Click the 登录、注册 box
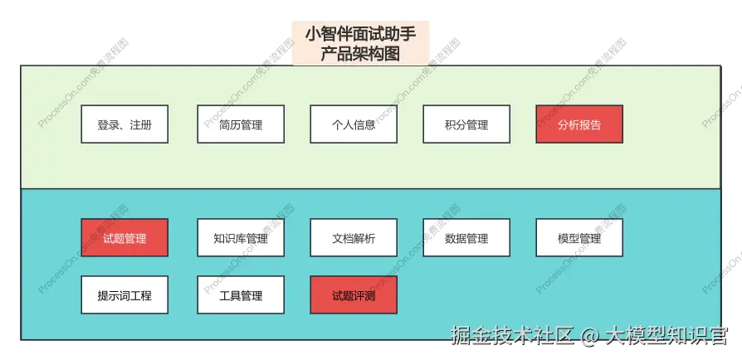coord(124,125)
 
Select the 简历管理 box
coord(241,125)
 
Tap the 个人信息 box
coord(354,125)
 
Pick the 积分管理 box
coord(466,125)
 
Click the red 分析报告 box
coord(579,125)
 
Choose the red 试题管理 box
coord(124,238)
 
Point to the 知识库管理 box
coord(241,238)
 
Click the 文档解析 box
coord(354,238)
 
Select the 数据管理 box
coord(466,238)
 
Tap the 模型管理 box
coord(579,238)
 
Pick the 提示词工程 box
coord(124,295)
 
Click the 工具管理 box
coord(241,295)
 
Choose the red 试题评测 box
coord(354,295)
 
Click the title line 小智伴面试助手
coord(360,35)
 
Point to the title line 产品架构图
coord(360,54)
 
